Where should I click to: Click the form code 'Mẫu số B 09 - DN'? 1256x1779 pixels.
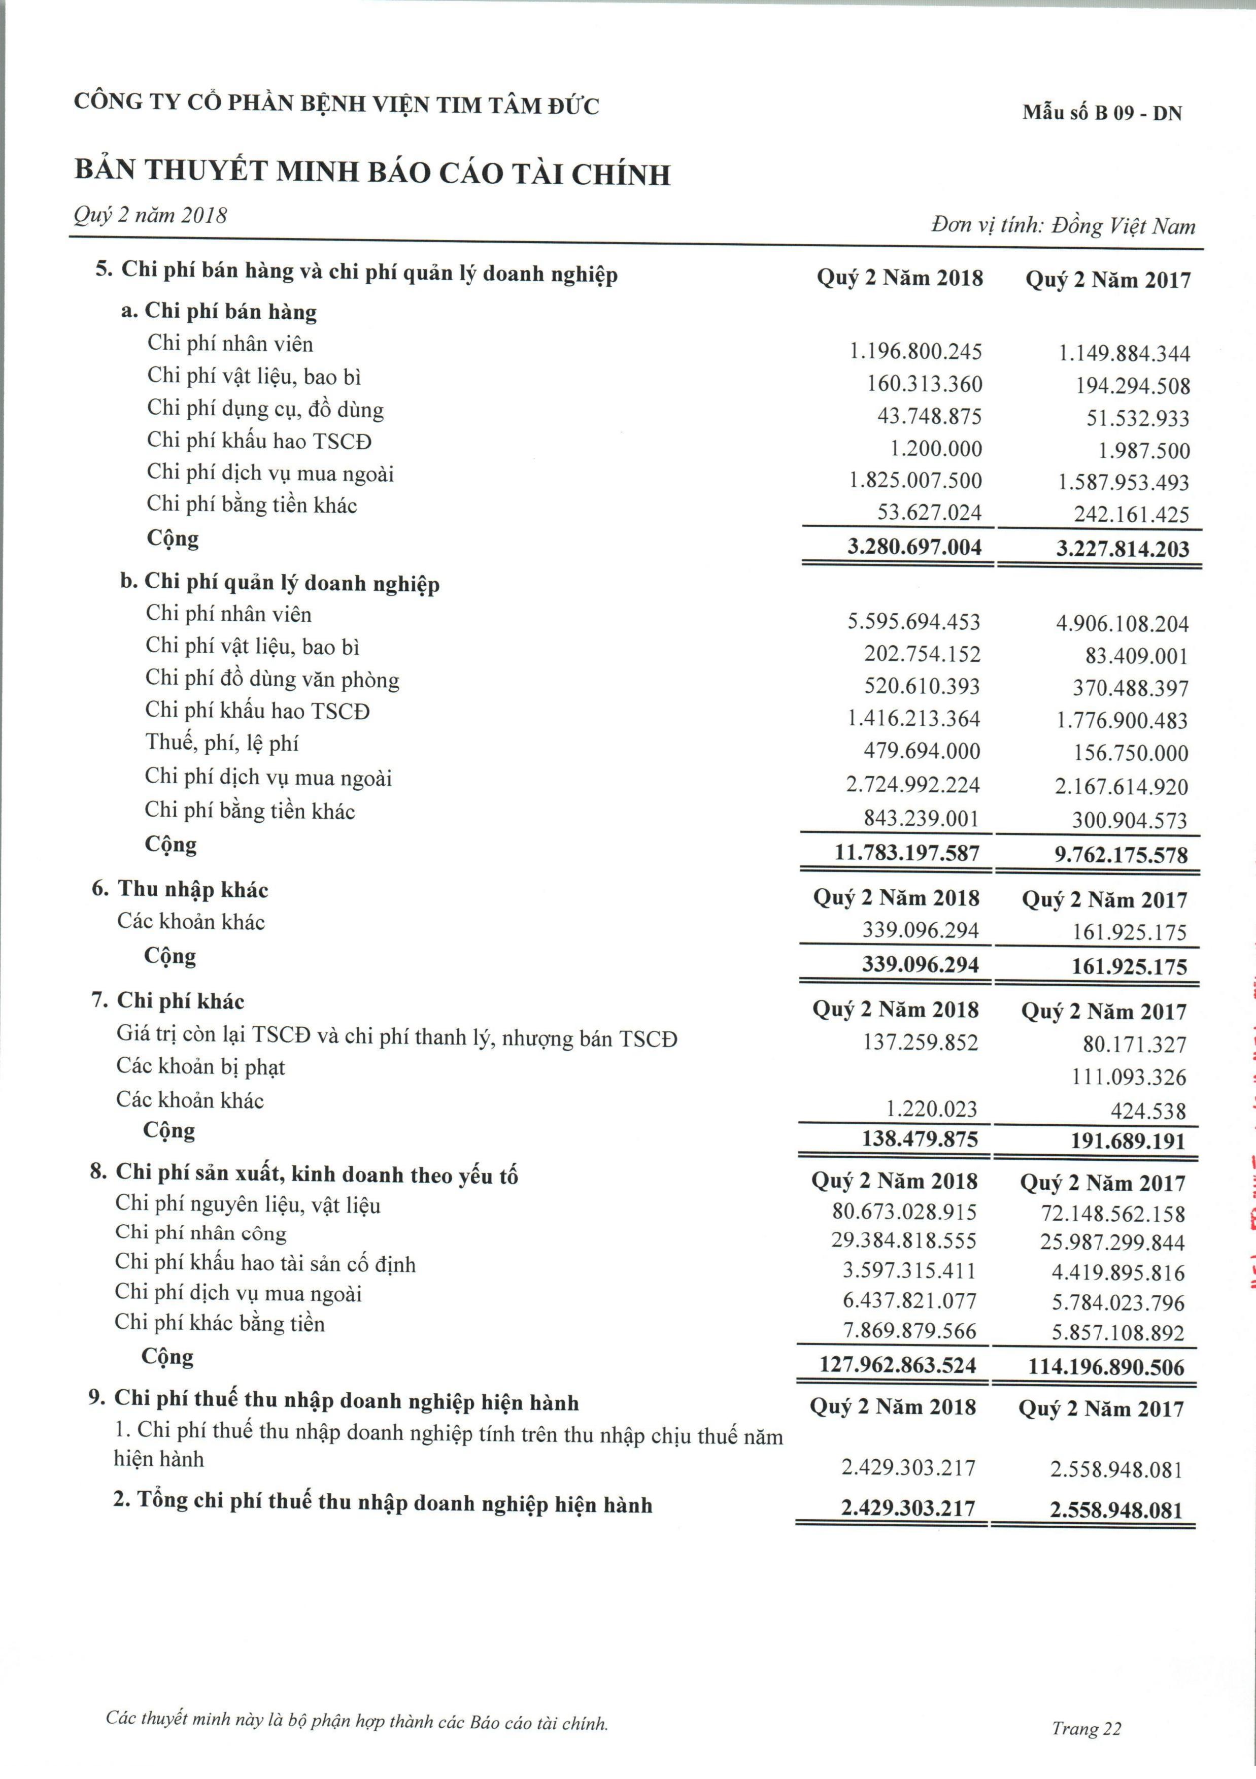click(1102, 113)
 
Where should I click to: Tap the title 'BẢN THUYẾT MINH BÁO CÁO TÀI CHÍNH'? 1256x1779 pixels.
click(372, 172)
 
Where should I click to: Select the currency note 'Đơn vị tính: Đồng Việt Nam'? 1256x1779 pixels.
click(1063, 225)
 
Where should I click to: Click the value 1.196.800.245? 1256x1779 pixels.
click(915, 352)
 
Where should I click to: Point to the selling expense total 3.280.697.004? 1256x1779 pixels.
click(914, 547)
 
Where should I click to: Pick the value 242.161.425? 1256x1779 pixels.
click(1131, 515)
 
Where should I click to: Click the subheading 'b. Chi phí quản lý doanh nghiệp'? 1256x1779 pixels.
click(280, 583)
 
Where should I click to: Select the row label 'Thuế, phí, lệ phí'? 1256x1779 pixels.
click(222, 743)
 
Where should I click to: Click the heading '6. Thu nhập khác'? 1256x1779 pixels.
click(180, 889)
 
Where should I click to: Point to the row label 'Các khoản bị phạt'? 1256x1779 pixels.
click(200, 1067)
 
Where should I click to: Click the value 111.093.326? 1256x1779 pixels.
click(1129, 1077)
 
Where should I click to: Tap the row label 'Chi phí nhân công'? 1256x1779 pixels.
click(200, 1233)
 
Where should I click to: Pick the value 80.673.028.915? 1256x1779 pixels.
click(904, 1212)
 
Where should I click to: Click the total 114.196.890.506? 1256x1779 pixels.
click(1106, 1367)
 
